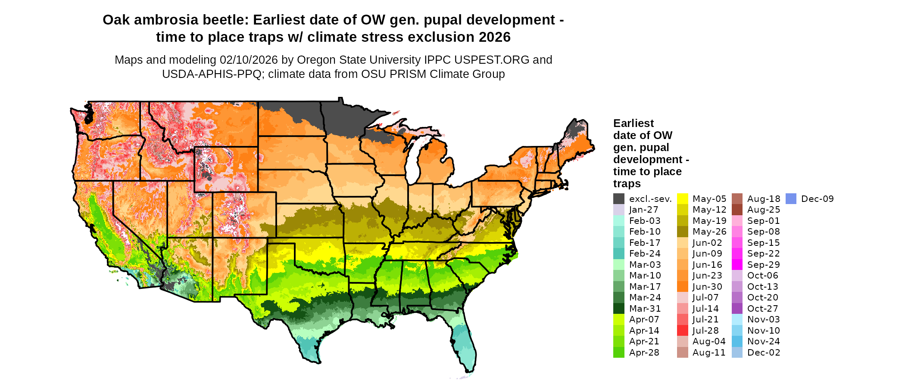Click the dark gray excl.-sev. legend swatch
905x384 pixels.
[x=619, y=199]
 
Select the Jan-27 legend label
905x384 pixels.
[x=643, y=210]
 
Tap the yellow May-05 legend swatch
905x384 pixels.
[x=683, y=199]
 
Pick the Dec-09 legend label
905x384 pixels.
[x=817, y=199]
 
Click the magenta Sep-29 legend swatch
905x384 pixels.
[x=737, y=265]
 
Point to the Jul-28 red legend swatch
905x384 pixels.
[x=683, y=331]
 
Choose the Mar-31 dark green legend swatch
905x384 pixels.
[x=619, y=309]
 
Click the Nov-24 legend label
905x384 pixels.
[x=763, y=341]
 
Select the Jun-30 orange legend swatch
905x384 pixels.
[x=683, y=287]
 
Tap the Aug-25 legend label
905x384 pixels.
[x=763, y=210]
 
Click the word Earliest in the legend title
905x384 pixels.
[x=633, y=124]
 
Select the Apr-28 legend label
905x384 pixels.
[x=644, y=353]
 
